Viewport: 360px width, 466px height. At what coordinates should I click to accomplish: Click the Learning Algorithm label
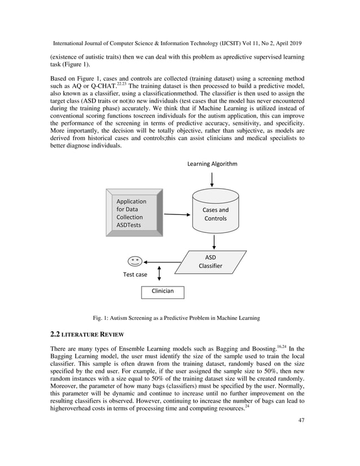click(212, 164)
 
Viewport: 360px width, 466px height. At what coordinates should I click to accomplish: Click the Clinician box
click(162, 291)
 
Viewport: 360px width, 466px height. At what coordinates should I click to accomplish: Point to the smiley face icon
click(134, 261)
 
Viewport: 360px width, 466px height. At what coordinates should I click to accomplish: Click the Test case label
click(135, 275)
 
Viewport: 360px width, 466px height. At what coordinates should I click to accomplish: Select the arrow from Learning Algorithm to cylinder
click(212, 179)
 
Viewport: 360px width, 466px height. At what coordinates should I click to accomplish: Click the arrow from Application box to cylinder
click(177, 214)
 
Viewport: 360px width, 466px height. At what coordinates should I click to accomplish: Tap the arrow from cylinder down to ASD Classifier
click(214, 241)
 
